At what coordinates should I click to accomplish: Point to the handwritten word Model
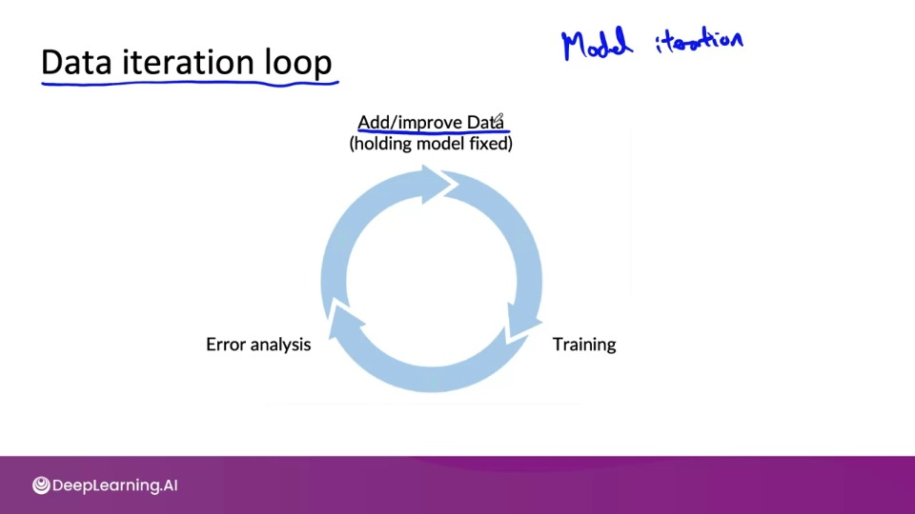[x=597, y=44]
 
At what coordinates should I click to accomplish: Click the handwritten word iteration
[x=699, y=42]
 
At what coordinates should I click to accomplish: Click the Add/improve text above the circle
[x=410, y=123]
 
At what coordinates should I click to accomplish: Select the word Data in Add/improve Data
[x=484, y=123]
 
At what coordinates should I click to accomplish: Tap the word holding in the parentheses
[x=384, y=144]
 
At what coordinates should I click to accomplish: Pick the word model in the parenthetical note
[x=443, y=144]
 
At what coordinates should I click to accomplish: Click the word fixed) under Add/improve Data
[x=491, y=144]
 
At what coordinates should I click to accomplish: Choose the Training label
[x=584, y=345]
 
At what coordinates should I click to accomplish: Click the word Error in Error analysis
[x=226, y=345]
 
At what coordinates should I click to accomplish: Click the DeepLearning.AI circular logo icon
[x=41, y=485]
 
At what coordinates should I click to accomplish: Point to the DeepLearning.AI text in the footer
[x=115, y=485]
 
